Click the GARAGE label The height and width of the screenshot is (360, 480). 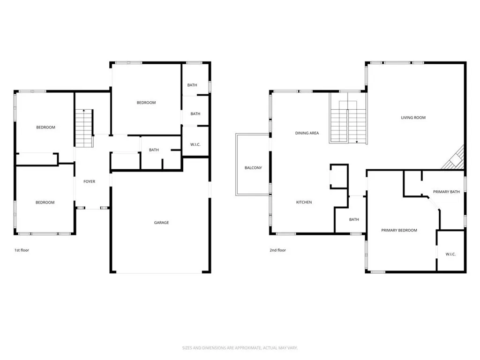point(161,223)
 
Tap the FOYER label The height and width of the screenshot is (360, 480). point(90,181)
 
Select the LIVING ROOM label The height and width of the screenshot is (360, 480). point(413,118)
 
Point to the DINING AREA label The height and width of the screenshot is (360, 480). point(307,133)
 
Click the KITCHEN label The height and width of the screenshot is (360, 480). point(304,202)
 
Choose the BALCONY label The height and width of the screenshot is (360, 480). point(253,168)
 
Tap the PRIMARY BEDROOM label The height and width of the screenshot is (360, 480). point(399,230)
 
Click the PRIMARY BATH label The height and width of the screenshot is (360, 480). point(446,192)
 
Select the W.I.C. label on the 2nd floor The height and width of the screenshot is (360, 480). point(450,254)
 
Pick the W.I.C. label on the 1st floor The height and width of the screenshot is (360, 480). point(195,144)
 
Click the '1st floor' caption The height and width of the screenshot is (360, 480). point(22,250)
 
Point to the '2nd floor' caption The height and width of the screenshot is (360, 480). point(277,250)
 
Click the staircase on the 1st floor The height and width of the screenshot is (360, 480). point(84,128)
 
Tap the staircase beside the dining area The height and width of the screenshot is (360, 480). point(348,118)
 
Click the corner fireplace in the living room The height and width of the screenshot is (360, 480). point(454,158)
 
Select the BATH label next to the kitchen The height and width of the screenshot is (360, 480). point(354,219)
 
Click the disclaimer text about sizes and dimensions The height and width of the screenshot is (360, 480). point(240,348)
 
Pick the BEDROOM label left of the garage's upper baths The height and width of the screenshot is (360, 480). point(146,103)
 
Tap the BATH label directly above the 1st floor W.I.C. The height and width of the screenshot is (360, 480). point(195,114)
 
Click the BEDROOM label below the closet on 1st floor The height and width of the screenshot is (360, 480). point(45,202)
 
